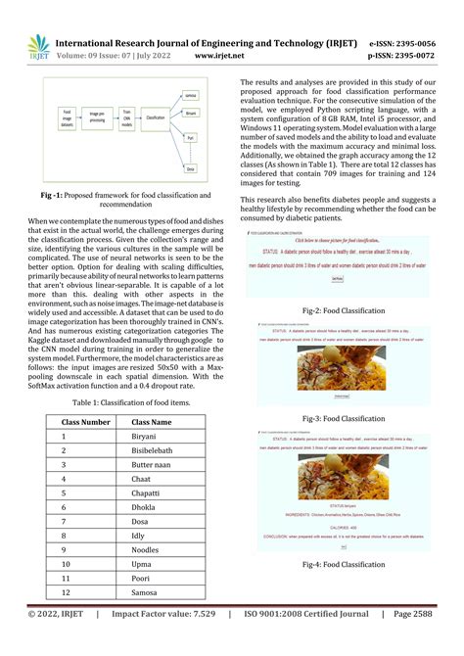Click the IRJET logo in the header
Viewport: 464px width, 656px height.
pyautogui.click(x=38, y=47)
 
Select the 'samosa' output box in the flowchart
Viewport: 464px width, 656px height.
pyautogui.click(x=192, y=95)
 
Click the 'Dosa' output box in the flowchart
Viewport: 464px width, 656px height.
pyautogui.click(x=192, y=169)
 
